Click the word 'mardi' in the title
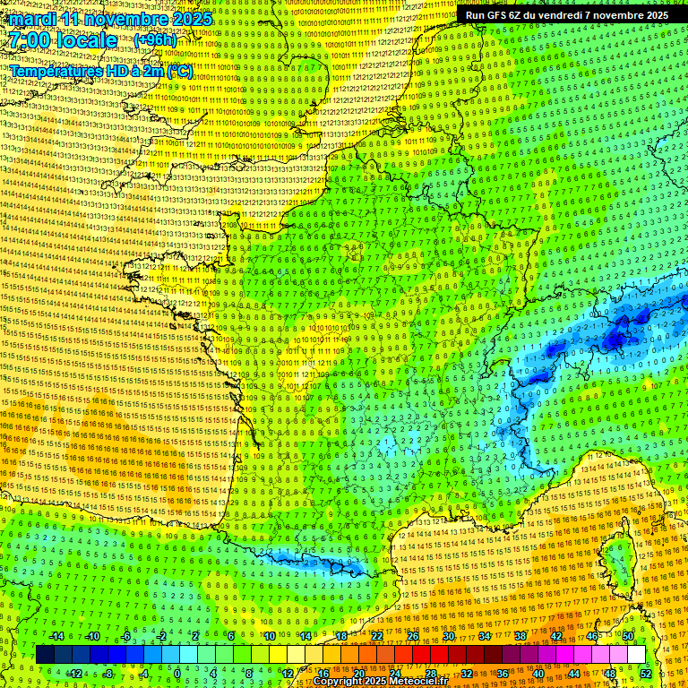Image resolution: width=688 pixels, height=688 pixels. [x=32, y=18]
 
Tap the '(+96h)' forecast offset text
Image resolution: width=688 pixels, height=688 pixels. [x=155, y=40]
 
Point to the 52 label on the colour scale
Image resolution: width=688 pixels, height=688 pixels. [x=646, y=673]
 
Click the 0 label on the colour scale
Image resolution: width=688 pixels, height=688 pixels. [x=177, y=673]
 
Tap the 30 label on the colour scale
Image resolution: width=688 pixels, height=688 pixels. [x=448, y=636]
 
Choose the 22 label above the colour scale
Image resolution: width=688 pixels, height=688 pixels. [x=376, y=636]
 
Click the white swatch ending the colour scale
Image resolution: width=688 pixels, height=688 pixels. [x=635, y=655]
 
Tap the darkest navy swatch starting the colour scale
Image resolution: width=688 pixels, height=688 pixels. [x=45, y=655]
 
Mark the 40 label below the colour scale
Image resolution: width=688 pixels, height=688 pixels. [x=538, y=673]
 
